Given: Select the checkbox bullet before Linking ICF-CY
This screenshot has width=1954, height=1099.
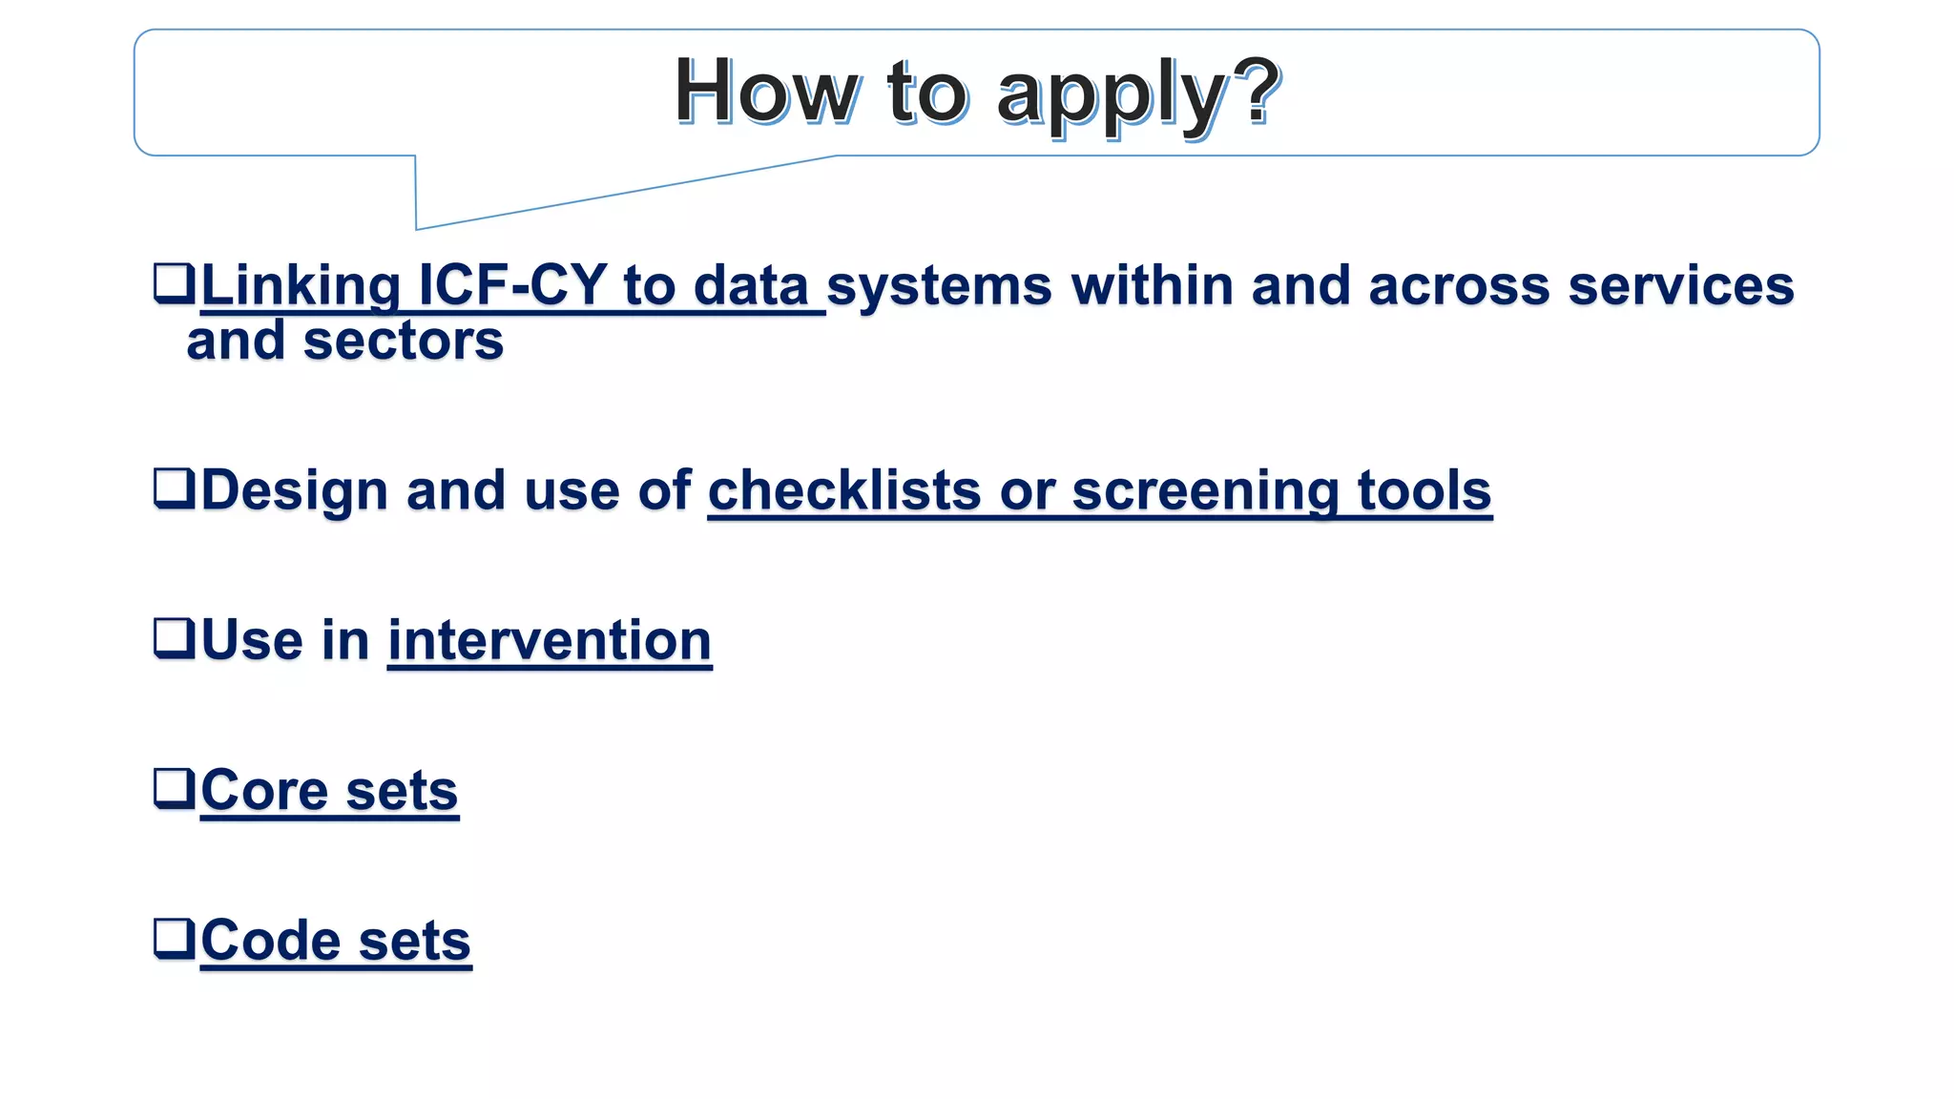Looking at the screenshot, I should pos(174,283).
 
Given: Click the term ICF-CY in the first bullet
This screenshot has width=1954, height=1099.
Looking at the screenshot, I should pos(512,285).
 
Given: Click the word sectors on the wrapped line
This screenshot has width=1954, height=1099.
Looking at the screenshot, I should pos(403,341).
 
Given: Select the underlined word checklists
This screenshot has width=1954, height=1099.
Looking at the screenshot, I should pos(843,490).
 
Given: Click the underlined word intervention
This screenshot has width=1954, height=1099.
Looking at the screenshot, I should pos(550,640).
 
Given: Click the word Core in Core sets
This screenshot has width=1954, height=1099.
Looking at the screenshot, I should pos(263,790).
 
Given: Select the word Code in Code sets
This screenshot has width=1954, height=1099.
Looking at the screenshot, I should pos(270,941).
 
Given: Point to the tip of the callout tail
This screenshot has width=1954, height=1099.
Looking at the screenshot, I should pos(417,228).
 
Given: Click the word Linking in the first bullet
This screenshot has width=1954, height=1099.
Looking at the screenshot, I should pos(301,285).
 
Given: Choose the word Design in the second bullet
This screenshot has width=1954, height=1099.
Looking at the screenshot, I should pos(294,490).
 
